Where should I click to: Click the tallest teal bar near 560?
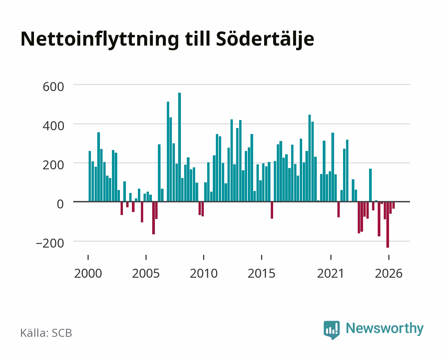point(180,147)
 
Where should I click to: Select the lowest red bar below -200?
point(388,225)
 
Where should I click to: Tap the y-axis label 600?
point(53,87)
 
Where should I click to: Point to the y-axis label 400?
point(53,126)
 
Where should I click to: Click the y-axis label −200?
point(50,243)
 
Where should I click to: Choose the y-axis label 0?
point(60,204)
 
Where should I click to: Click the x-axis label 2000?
point(88,273)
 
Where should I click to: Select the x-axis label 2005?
point(146,273)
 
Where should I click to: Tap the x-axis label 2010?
point(204,273)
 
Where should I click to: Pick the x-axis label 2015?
point(261,273)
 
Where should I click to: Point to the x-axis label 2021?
point(330,273)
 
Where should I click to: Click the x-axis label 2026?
point(389,273)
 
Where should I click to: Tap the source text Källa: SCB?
point(46,333)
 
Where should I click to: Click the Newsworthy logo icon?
point(331,330)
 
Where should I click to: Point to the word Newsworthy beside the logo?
point(385,328)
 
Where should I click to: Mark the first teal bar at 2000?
point(90,176)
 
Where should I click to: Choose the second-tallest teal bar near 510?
point(168,152)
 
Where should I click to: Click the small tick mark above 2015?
point(261,257)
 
